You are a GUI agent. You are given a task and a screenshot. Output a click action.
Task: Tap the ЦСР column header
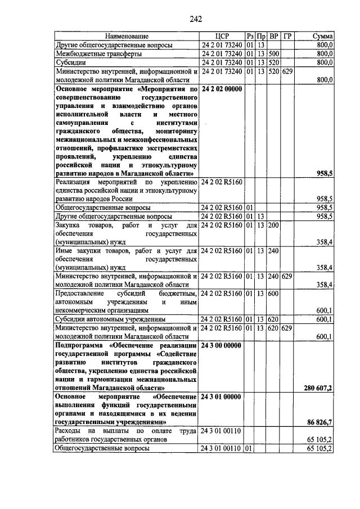pyautogui.click(x=222, y=35)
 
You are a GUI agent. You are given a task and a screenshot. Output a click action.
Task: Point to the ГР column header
pyautogui.click(x=287, y=35)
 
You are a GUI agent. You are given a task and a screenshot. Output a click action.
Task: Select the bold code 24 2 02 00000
pyautogui.click(x=221, y=89)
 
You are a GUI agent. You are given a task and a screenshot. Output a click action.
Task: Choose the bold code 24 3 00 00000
pyautogui.click(x=221, y=345)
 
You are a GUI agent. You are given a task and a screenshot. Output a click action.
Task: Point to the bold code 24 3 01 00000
pyautogui.click(x=221, y=397)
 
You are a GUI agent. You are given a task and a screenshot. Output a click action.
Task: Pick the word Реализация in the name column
pyautogui.click(x=73, y=182)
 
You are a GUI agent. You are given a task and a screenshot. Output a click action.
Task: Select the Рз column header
pyautogui.click(x=250, y=35)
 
